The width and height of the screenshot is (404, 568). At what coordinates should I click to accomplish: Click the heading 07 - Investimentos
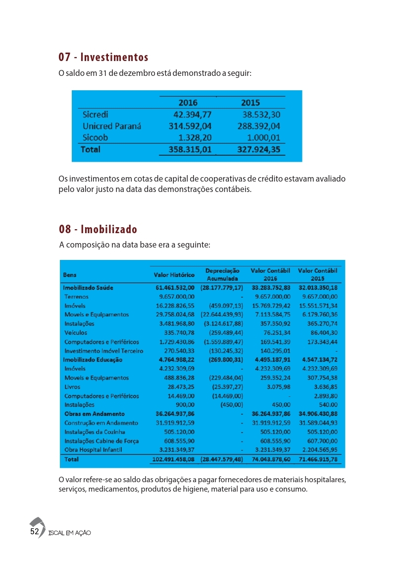(x=103, y=57)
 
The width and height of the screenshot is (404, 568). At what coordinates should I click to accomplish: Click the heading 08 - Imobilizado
(x=98, y=229)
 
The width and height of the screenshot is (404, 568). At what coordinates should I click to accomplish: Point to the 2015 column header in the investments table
(x=251, y=103)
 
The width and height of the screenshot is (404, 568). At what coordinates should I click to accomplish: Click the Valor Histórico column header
(x=174, y=274)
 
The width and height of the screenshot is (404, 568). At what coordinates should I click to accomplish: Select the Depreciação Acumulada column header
(x=222, y=275)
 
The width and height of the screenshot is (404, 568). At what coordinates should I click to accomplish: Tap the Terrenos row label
(x=77, y=296)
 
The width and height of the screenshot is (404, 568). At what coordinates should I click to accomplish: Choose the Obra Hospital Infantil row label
(x=93, y=449)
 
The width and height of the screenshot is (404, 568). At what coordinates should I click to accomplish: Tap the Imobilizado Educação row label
(x=92, y=359)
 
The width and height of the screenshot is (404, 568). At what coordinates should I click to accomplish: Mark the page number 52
(x=35, y=531)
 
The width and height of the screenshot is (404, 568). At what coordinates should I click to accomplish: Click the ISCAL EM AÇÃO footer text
(x=69, y=533)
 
